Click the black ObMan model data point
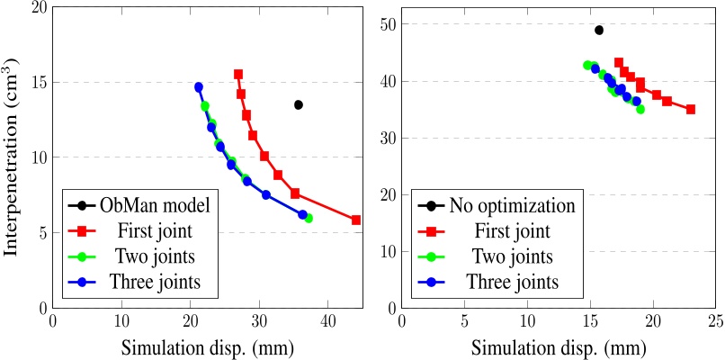coord(299,105)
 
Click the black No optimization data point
coord(599,30)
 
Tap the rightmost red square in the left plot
coord(356,220)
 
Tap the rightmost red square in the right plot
coord(690,109)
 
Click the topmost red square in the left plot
coord(238,75)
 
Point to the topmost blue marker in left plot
coord(199,87)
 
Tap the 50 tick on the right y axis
coord(386,25)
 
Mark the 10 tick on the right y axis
coord(386,251)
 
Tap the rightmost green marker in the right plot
coord(640,109)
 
